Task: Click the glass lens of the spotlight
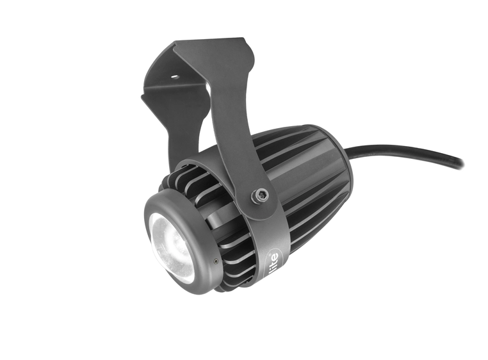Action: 172,247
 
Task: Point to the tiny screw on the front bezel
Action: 215,261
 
